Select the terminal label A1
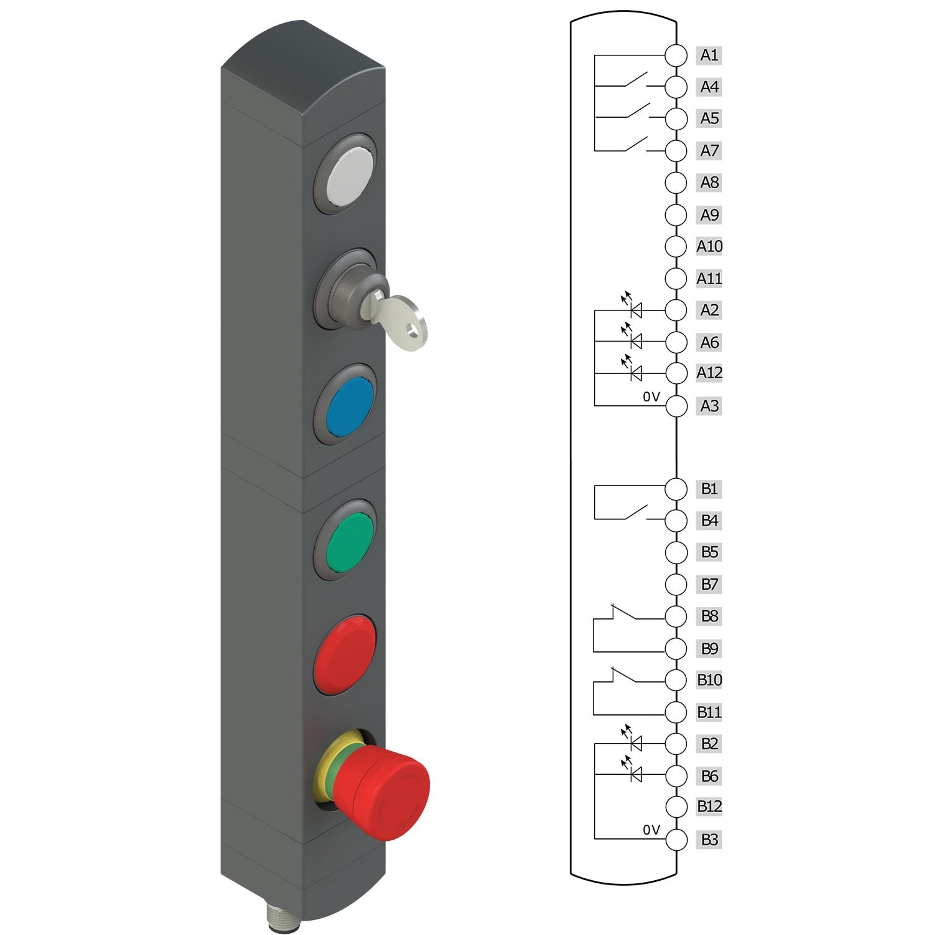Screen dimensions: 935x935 (709, 55)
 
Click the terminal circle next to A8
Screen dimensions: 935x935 (676, 183)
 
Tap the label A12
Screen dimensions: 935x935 (709, 373)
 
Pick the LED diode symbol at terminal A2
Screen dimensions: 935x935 (635, 310)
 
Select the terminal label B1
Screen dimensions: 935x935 (709, 489)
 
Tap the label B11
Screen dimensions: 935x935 (709, 712)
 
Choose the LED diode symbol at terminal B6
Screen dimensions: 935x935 (635, 775)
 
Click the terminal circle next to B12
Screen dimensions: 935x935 (676, 807)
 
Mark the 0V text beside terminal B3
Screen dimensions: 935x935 (651, 830)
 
